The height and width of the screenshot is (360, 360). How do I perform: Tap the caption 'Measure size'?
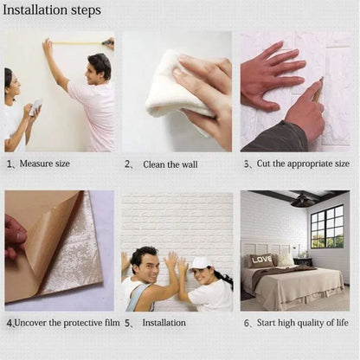(44, 164)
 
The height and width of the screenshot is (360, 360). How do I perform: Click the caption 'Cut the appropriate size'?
(302, 164)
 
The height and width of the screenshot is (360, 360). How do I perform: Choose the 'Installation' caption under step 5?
(164, 323)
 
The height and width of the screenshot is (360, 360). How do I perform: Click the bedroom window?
(326, 227)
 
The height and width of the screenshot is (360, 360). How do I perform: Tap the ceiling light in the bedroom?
(302, 201)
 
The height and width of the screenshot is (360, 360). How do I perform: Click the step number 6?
(246, 324)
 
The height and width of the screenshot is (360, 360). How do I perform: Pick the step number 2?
(127, 164)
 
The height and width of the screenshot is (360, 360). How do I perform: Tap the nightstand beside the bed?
(303, 261)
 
